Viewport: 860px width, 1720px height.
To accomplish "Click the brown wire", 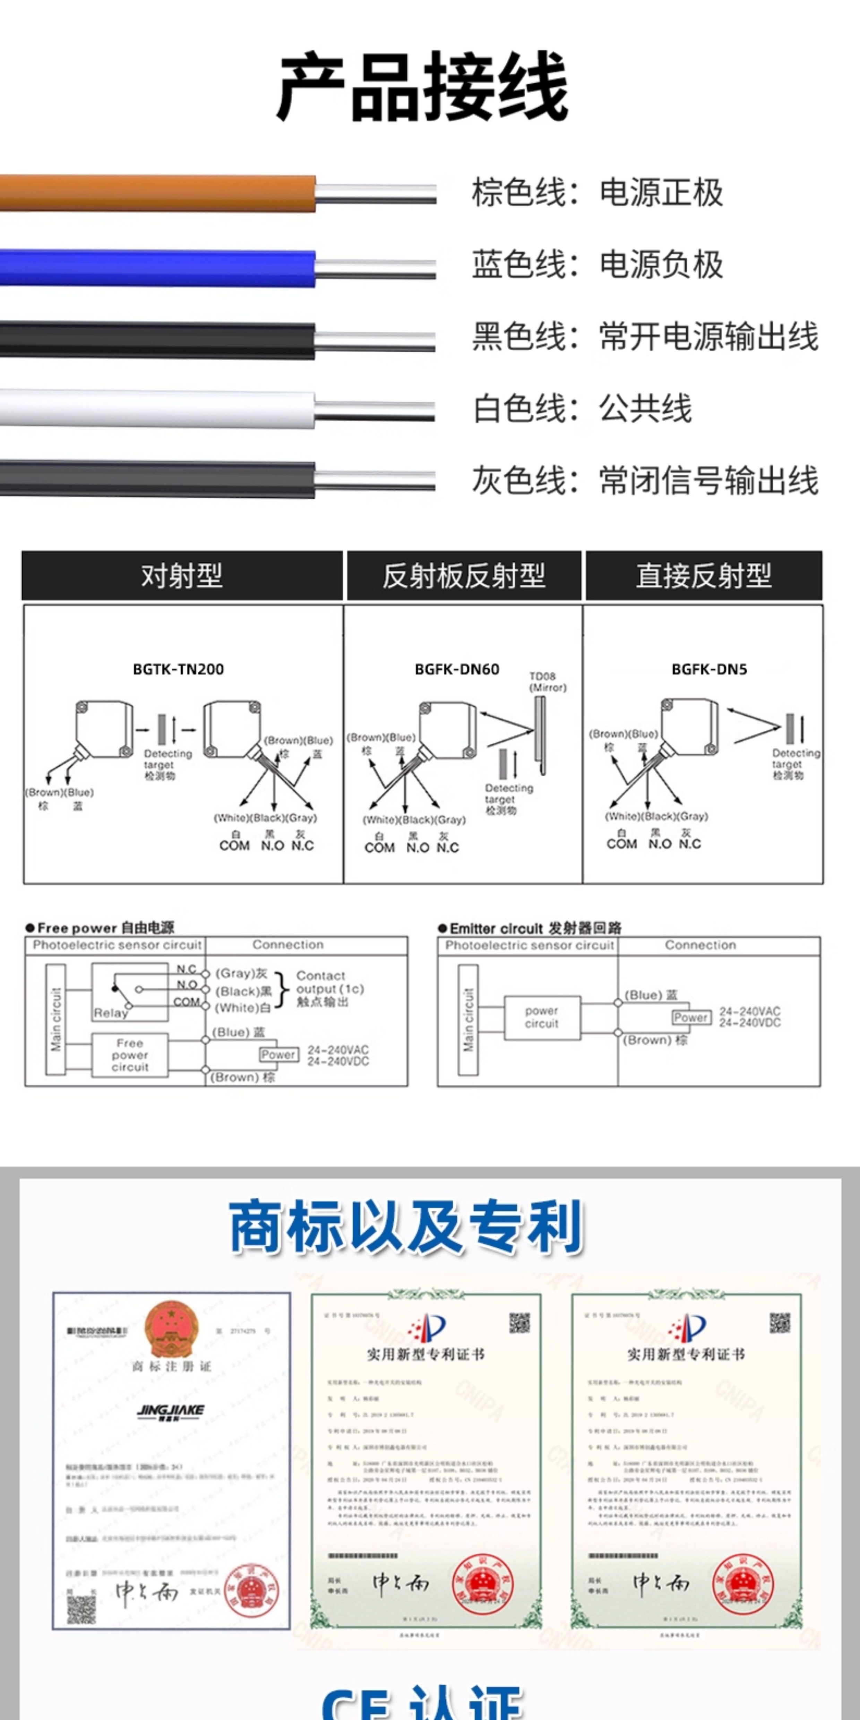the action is [x=160, y=193].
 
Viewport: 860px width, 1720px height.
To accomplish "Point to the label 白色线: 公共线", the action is [x=582, y=408].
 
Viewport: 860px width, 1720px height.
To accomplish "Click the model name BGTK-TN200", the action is [x=178, y=669].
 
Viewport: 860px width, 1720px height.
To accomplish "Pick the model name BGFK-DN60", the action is [x=457, y=669].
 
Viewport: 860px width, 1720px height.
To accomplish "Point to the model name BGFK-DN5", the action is [x=709, y=669].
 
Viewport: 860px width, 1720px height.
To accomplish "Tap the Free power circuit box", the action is [x=130, y=1055].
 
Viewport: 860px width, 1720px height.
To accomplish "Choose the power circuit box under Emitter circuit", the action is [x=542, y=1017].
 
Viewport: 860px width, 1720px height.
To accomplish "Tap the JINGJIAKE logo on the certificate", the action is [x=170, y=1411].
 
